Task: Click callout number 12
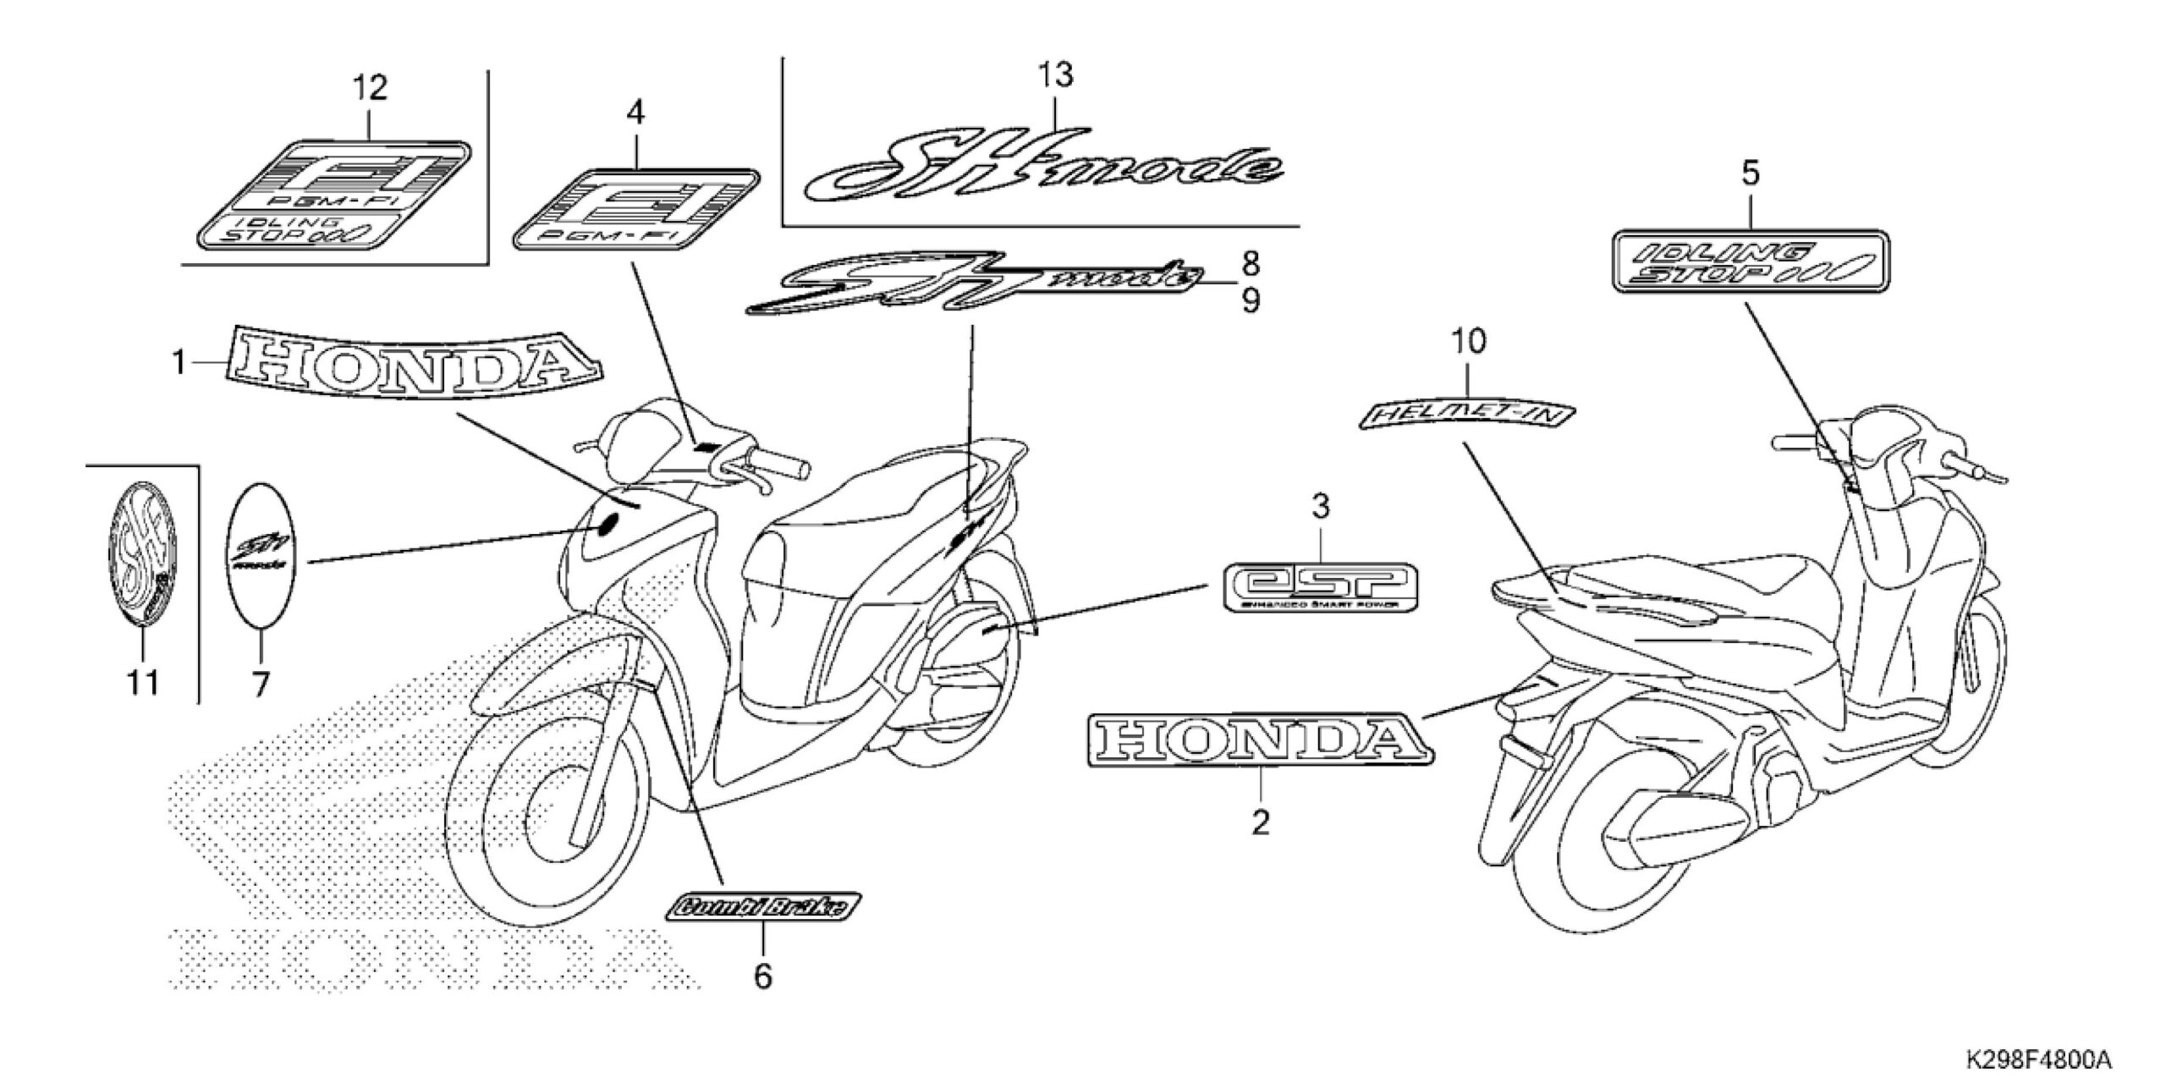pos(370,88)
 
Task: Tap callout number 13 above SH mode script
pos(1056,75)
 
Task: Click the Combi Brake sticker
pos(764,907)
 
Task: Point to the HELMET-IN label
pos(1467,414)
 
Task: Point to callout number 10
pos(1468,343)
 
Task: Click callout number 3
pos(1320,507)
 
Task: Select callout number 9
pos(1251,300)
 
